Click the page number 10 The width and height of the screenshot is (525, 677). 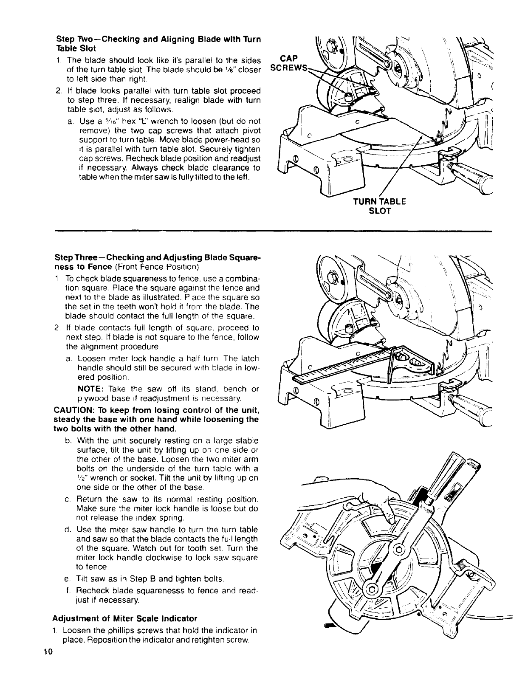(47, 665)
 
